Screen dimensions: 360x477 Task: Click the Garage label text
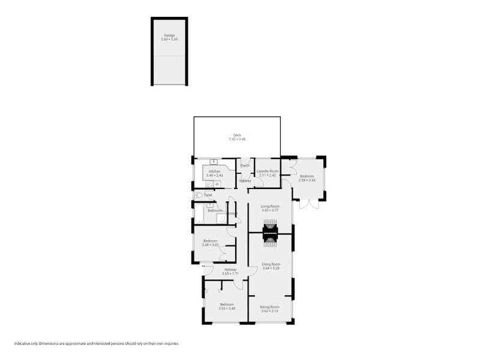pos(169,35)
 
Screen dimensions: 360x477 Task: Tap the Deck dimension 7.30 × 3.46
pos(237,139)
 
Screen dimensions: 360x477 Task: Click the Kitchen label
pos(215,172)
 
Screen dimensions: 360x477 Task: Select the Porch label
pos(245,166)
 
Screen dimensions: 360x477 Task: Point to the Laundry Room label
pos(268,171)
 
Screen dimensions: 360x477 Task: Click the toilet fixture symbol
pos(199,195)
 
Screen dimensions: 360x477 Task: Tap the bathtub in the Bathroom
pos(199,214)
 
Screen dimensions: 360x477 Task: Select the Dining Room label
pos(269,307)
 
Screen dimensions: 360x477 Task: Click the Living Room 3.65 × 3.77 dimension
pos(270,211)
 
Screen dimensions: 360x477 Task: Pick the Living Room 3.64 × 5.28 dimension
pos(270,268)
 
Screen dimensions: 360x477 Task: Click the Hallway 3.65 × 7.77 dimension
pos(230,274)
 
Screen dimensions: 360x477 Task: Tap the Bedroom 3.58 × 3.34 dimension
pos(307,180)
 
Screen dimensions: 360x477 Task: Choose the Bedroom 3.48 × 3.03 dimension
pos(209,245)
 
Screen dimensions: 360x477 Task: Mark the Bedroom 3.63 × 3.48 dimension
pos(226,308)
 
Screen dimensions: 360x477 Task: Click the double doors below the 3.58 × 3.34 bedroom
pos(309,204)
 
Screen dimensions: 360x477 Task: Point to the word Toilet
pos(208,195)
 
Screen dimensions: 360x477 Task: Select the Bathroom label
pos(215,211)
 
